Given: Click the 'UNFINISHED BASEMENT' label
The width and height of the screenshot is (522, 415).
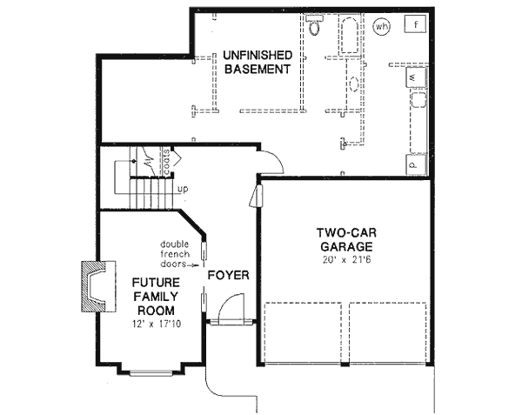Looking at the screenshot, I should (256, 63).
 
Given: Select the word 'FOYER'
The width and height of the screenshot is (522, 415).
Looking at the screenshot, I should (228, 276).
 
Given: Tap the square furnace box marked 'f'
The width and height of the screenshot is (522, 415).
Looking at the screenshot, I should (418, 24).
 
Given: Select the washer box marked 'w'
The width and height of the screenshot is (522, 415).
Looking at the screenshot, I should (414, 79).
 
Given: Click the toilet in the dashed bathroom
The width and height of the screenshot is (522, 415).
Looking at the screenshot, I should (314, 26).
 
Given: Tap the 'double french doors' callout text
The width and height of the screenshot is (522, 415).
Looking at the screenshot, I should (180, 253).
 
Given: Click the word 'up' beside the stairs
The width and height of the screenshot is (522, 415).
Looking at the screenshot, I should (182, 189).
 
